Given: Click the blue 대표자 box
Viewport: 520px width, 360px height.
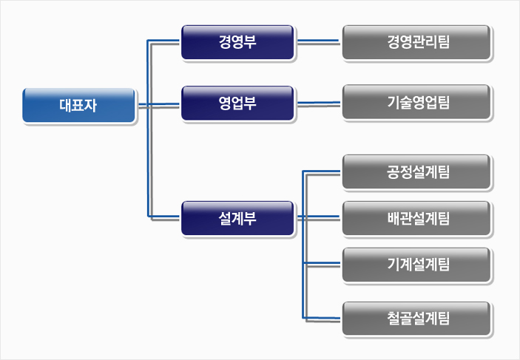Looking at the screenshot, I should [x=79, y=105].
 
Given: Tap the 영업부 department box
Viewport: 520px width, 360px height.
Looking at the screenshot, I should [x=237, y=103].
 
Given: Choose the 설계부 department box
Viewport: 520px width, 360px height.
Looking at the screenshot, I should [x=237, y=217].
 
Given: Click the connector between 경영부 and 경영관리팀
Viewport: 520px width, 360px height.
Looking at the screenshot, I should [x=318, y=41].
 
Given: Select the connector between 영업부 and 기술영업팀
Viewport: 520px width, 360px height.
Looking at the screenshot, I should [x=318, y=103].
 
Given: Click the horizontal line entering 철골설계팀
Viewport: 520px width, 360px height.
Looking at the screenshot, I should [x=323, y=318].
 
